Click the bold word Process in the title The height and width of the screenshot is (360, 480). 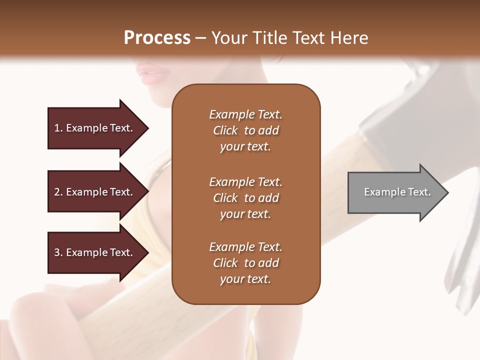coord(157,38)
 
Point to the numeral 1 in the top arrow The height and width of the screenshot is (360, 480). coord(57,128)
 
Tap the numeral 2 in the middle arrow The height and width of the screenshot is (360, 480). coord(57,192)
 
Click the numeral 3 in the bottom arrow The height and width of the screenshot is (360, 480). coord(57,252)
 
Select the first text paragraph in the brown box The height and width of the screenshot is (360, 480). coord(245,130)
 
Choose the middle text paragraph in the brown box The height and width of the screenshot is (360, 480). coord(245,198)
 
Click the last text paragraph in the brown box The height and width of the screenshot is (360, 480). coord(245,263)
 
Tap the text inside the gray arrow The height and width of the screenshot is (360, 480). coord(397,192)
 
